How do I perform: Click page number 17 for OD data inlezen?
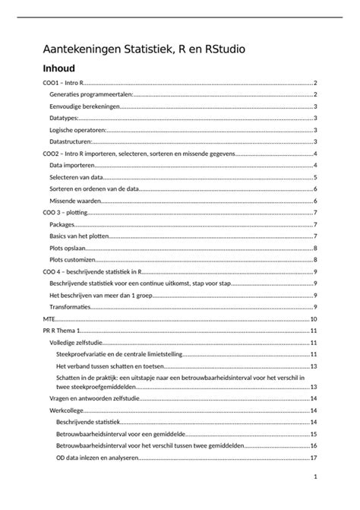pyautogui.click(x=313, y=458)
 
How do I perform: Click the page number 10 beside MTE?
pyautogui.click(x=313, y=318)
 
